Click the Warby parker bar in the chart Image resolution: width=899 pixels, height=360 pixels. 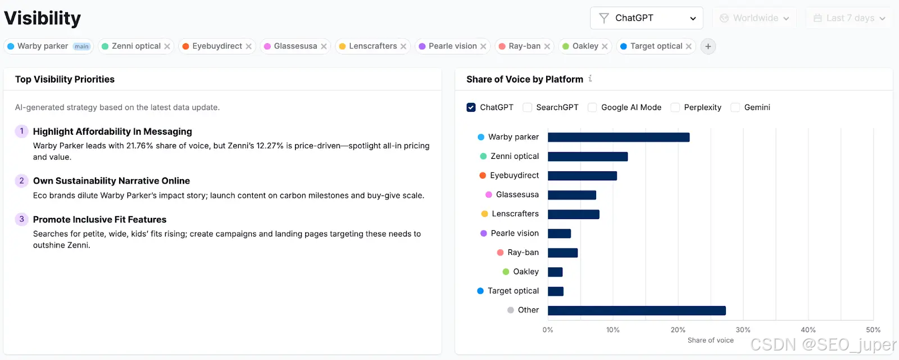click(619, 137)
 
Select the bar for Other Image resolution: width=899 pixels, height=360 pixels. click(637, 311)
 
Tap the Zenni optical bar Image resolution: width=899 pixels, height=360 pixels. click(588, 157)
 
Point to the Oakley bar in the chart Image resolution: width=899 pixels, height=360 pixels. click(555, 272)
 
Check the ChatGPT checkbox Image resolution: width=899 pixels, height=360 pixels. click(471, 108)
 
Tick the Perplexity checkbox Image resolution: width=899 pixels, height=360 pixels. click(675, 108)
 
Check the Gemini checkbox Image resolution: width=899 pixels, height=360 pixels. click(735, 108)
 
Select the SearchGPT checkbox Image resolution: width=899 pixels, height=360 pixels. click(528, 108)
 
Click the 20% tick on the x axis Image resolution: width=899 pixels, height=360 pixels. click(678, 330)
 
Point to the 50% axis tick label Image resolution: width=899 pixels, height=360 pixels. click(873, 330)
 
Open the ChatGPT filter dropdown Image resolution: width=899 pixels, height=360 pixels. click(647, 18)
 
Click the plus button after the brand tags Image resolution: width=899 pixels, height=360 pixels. click(708, 47)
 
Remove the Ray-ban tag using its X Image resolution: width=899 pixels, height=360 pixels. click(547, 47)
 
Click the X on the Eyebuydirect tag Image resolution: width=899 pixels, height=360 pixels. click(248, 47)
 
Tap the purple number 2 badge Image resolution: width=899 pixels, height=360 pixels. click(22, 181)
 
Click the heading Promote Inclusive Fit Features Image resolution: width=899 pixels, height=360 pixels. click(99, 220)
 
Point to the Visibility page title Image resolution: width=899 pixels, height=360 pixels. click(43, 18)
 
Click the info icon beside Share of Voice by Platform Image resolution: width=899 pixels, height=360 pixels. click(590, 79)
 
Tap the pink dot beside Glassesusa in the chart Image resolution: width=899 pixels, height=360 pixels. click(488, 195)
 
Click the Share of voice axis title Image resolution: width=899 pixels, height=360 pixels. click(710, 340)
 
